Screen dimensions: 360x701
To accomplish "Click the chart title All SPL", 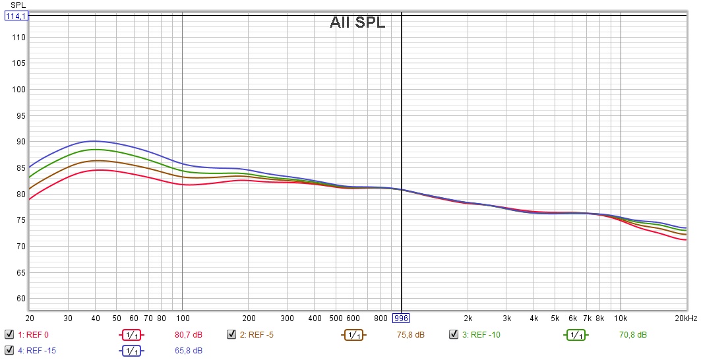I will click(357, 22).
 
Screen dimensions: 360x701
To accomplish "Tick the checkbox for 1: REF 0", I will click(9, 334).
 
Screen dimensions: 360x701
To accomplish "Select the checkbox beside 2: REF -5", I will click(231, 334).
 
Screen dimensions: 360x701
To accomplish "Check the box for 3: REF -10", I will click(454, 334).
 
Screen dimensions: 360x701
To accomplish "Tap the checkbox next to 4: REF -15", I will click(9, 349).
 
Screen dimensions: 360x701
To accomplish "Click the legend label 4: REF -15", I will click(38, 349).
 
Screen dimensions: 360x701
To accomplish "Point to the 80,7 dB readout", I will click(188, 334).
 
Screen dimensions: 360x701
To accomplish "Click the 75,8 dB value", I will click(411, 334).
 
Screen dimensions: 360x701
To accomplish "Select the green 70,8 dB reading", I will click(633, 334).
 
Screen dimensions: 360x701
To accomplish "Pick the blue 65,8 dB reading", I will click(188, 349).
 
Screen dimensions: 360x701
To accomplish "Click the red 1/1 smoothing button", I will click(131, 334).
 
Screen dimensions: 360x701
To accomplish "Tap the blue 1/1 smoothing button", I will click(131, 349).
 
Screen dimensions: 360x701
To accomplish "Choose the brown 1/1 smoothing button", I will click(353, 334).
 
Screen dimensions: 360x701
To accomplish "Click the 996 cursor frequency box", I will click(401, 318).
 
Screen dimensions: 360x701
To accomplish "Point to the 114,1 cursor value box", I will click(16, 16).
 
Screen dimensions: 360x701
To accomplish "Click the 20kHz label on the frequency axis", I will click(685, 318).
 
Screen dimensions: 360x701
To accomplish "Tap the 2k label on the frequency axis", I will click(468, 318).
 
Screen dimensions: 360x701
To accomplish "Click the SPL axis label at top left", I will click(18, 5).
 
